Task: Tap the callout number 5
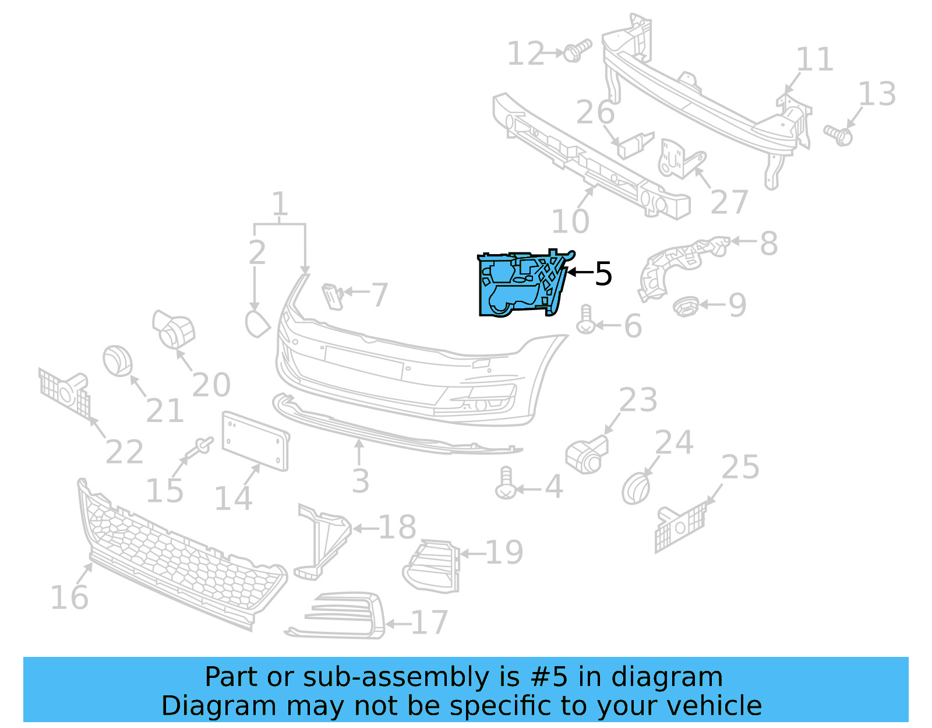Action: [603, 274]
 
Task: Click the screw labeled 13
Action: [838, 135]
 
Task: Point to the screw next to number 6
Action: [585, 320]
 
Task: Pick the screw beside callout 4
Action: [505, 483]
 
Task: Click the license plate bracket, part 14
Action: [255, 441]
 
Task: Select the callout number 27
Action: [729, 202]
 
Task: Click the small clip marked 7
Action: [333, 296]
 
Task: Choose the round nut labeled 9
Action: [686, 305]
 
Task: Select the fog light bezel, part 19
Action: [431, 565]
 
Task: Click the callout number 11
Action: [814, 59]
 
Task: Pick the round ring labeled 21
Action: [118, 361]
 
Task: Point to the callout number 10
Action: [570, 221]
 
